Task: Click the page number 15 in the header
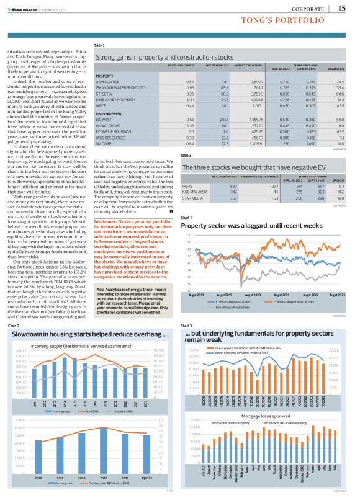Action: (342, 7)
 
